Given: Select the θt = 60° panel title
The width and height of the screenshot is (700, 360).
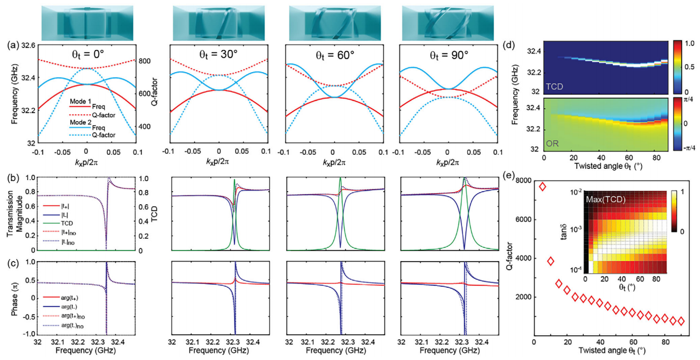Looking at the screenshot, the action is point(334,56).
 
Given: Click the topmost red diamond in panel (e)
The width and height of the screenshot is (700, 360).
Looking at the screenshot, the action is point(543,187).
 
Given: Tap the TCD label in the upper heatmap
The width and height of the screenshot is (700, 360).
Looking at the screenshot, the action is point(554,86).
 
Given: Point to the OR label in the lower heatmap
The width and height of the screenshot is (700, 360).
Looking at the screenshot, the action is point(552,144).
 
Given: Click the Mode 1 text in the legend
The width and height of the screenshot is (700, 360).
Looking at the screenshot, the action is point(80,101).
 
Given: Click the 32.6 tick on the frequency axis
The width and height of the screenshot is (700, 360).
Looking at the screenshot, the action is point(28,46).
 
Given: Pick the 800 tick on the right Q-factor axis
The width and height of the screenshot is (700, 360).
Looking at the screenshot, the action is point(144,61).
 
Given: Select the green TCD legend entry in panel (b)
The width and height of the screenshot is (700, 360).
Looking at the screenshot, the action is point(57,224).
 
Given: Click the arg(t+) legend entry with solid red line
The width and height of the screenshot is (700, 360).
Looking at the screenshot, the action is point(61,298).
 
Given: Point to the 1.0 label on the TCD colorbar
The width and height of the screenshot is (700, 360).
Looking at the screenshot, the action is point(688,44).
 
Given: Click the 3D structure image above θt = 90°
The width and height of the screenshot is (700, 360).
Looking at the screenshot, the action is point(448,23).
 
